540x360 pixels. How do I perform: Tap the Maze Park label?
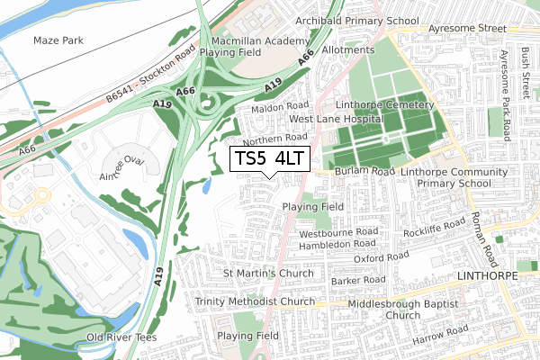pos(58,41)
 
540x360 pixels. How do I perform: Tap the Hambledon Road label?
pos(337,243)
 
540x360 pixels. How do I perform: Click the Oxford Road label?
pos(382,257)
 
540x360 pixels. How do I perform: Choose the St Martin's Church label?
pos(268,273)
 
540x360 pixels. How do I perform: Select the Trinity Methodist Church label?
pos(255,302)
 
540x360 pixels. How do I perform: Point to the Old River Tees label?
pos(121,337)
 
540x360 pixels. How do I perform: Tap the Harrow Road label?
pos(441,341)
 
